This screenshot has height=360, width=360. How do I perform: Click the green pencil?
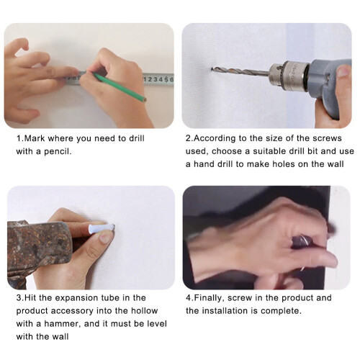(x=120, y=87)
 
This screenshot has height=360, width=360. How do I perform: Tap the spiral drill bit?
(x=240, y=71)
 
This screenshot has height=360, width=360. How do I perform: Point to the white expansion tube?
(x=101, y=228)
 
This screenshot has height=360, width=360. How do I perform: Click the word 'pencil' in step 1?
(x=58, y=152)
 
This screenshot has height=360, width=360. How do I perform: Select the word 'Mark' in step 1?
(x=35, y=138)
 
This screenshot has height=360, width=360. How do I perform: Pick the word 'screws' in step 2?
(x=327, y=138)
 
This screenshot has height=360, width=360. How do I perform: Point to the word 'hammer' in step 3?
(x=62, y=324)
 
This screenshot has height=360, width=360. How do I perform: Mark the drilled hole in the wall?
(x=212, y=69)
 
